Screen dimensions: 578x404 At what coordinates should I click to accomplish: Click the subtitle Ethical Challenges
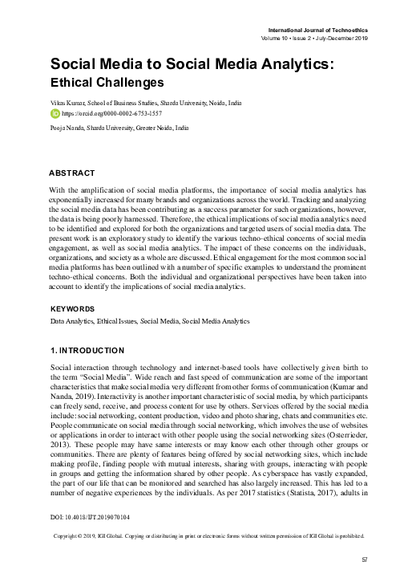tap(107, 81)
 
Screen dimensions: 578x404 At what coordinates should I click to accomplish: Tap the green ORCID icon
tap(55, 113)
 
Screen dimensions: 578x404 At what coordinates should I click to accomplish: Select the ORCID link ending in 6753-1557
tap(105, 114)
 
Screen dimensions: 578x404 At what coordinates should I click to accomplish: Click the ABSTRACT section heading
tap(72, 173)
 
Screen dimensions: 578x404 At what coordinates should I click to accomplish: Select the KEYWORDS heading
tap(72, 308)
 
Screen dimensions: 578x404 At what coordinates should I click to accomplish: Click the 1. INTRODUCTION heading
tap(87, 351)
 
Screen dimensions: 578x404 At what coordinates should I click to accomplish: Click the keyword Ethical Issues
tap(121, 320)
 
